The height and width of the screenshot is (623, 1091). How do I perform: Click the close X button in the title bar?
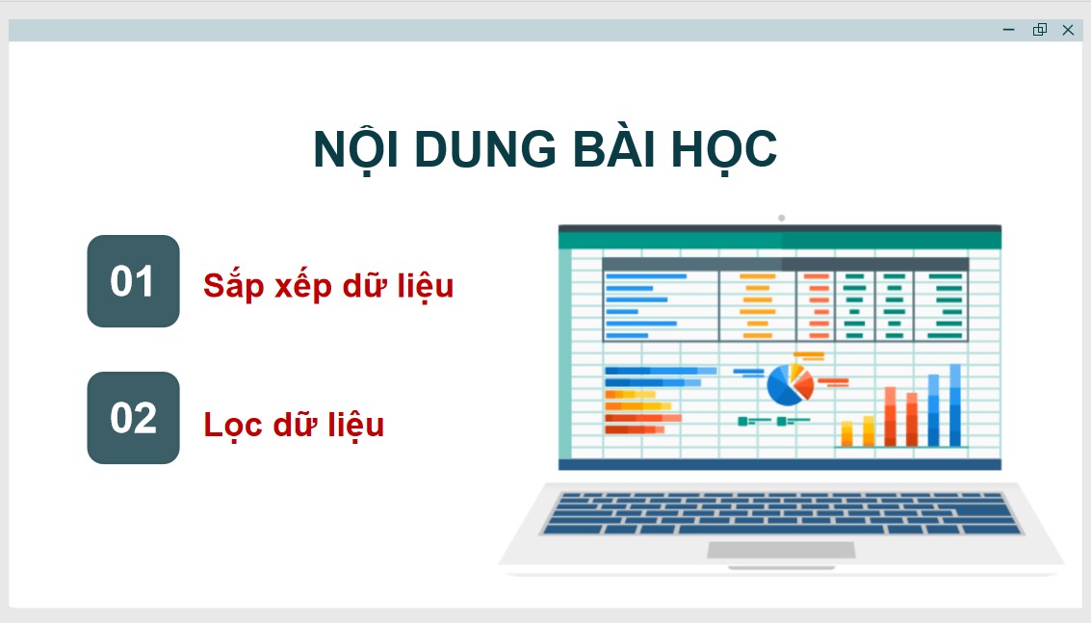click(x=1068, y=30)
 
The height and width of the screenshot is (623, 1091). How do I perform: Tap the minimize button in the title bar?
click(x=1009, y=30)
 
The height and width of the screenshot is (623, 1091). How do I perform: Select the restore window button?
click(x=1039, y=30)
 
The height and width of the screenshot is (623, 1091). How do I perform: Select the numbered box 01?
click(x=133, y=281)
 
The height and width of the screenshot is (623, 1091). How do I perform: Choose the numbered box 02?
click(x=133, y=418)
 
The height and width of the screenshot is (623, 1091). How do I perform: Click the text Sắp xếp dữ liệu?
click(x=327, y=286)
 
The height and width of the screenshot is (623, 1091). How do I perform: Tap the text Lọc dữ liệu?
click(x=294, y=424)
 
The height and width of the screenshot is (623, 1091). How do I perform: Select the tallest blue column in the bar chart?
click(x=955, y=405)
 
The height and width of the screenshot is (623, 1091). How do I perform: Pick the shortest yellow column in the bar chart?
click(x=847, y=433)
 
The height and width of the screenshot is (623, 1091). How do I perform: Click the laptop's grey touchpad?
click(x=781, y=550)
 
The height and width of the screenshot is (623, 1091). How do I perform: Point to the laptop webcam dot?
click(x=781, y=218)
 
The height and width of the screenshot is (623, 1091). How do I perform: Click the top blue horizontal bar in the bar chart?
click(x=660, y=370)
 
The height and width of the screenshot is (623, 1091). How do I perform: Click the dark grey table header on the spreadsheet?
click(x=785, y=264)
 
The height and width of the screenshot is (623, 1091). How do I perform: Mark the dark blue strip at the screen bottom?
click(x=780, y=464)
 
